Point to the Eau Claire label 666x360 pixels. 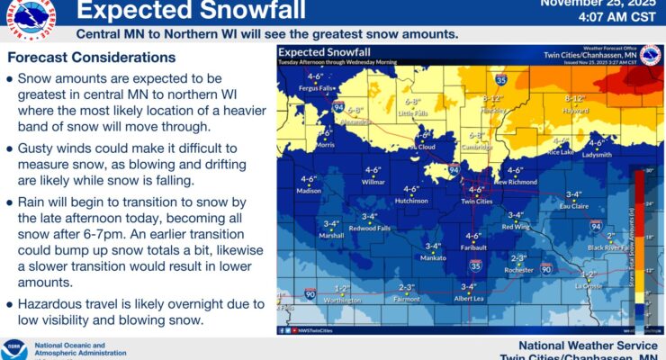[x=573, y=206]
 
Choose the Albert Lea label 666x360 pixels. [x=469, y=298]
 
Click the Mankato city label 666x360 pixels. [x=433, y=258]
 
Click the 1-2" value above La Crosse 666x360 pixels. [x=589, y=274]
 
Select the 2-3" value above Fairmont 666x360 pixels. [x=406, y=287]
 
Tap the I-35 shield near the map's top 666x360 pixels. [x=500, y=79]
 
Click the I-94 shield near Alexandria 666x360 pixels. [x=340, y=106]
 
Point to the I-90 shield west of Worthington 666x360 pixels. [x=310, y=293]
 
